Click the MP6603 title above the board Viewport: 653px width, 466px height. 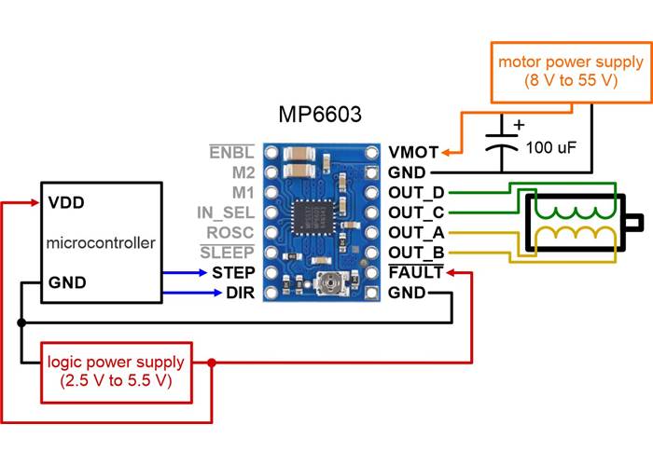[x=320, y=115]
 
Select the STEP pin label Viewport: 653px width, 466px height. [x=232, y=273]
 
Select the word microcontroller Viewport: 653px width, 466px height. [x=100, y=243]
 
